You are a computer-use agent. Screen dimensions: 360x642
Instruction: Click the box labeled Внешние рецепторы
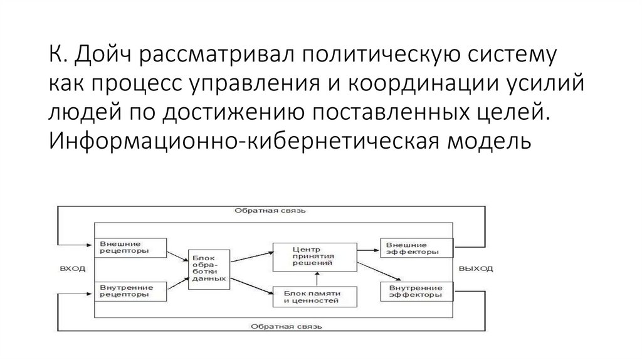point(130,247)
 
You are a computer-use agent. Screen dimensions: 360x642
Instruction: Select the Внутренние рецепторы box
point(130,290)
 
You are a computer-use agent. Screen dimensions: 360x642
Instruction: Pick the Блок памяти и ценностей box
point(315,297)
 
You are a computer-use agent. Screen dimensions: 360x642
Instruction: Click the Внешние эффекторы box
point(416,247)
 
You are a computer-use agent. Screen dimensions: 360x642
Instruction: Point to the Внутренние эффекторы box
point(416,290)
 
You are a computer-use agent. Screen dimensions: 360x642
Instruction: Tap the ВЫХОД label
point(476,268)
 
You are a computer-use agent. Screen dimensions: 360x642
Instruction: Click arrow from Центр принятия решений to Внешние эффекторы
point(368,247)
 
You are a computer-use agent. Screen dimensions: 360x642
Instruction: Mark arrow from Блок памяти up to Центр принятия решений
point(315,279)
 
